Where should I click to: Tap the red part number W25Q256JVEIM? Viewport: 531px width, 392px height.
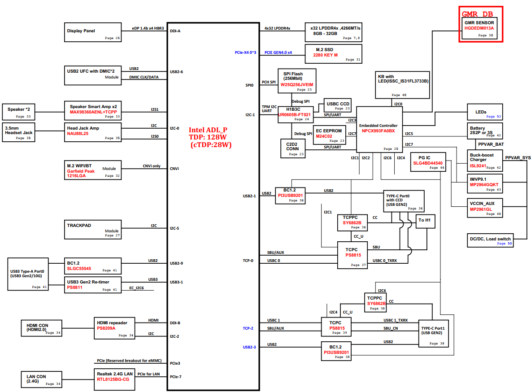click(296, 85)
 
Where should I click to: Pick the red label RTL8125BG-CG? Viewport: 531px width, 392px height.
click(113, 379)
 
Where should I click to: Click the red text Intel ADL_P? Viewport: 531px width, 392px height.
click(208, 130)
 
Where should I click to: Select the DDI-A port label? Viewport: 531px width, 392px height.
click(175, 31)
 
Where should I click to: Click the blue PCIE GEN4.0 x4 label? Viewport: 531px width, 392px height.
click(278, 52)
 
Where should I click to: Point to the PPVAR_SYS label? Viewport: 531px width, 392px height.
click(518, 157)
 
